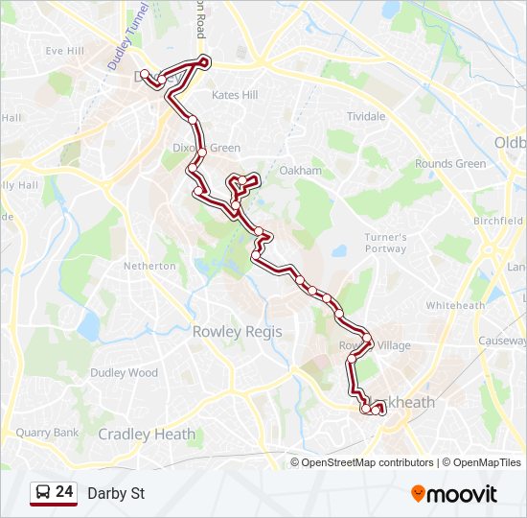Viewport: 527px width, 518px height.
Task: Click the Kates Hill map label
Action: pyautogui.click(x=235, y=96)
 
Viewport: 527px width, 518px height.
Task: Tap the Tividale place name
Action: pyautogui.click(x=366, y=116)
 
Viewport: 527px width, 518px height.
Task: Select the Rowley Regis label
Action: pyautogui.click(x=238, y=331)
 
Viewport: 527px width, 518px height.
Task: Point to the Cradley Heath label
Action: pyautogui.click(x=147, y=435)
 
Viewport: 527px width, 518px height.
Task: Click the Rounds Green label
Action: pyautogui.click(x=450, y=164)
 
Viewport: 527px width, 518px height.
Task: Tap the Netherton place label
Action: pyautogui.click(x=151, y=266)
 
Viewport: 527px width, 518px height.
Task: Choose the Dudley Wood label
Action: pyautogui.click(x=124, y=372)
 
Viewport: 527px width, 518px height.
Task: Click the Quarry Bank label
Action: pyautogui.click(x=47, y=433)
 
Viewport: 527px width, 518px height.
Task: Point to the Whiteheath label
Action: pyautogui.click(x=455, y=305)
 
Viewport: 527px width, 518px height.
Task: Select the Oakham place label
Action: pyautogui.click(x=300, y=171)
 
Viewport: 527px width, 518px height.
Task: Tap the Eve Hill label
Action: pyautogui.click(x=65, y=51)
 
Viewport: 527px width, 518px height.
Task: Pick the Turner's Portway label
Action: pyautogui.click(x=385, y=243)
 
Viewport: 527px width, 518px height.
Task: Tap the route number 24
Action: pyautogui.click(x=65, y=492)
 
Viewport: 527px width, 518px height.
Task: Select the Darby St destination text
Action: pyautogui.click(x=116, y=494)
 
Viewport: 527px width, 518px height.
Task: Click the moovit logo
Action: pyautogui.click(x=454, y=494)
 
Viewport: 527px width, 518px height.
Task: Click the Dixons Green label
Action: pyautogui.click(x=207, y=148)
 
